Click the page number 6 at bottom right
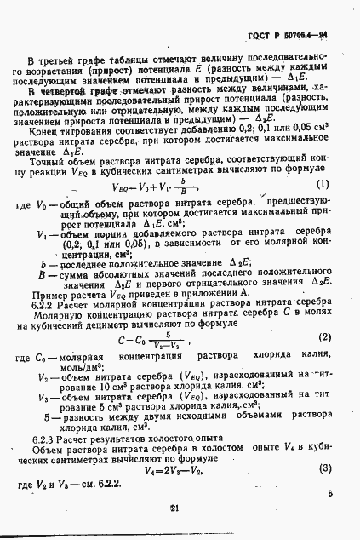(x=329, y=492)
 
